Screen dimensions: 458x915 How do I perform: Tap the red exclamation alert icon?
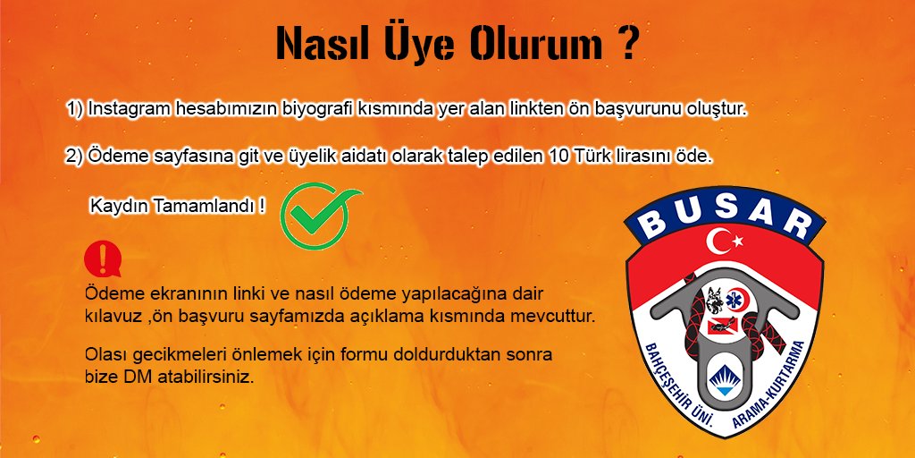[x=102, y=259]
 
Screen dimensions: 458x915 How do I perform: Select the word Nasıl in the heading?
[x=318, y=42]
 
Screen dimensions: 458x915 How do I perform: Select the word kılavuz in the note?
[x=108, y=318]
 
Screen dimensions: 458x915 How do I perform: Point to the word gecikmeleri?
[x=169, y=355]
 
